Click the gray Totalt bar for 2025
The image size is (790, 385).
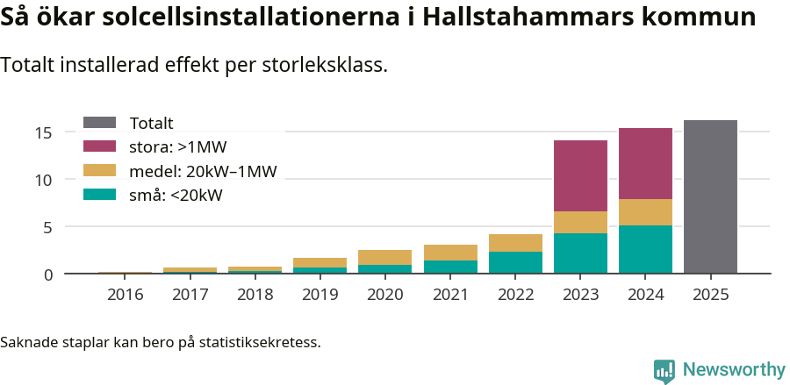tap(710, 196)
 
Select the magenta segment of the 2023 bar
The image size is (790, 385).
tap(580, 175)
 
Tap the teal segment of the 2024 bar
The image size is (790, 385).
tap(645, 249)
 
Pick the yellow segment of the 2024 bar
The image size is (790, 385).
tap(645, 212)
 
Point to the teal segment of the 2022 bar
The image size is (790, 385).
tap(515, 262)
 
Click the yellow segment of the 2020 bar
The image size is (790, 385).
tap(384, 257)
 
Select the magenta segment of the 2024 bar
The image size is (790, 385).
tap(645, 163)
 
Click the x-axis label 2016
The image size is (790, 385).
tap(125, 294)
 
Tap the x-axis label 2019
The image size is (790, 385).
tap(320, 294)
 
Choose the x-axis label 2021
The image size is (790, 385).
tap(450, 294)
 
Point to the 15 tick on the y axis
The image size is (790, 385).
tap(44, 132)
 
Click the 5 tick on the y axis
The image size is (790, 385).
tap(48, 227)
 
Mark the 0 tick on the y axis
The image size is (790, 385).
tap(48, 274)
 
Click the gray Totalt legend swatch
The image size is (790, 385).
tap(99, 123)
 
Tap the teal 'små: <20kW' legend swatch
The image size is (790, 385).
tap(99, 195)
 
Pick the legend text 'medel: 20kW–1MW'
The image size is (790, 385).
tap(203, 171)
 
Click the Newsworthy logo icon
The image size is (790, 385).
tap(664, 370)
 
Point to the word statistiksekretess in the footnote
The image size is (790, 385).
tap(259, 341)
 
